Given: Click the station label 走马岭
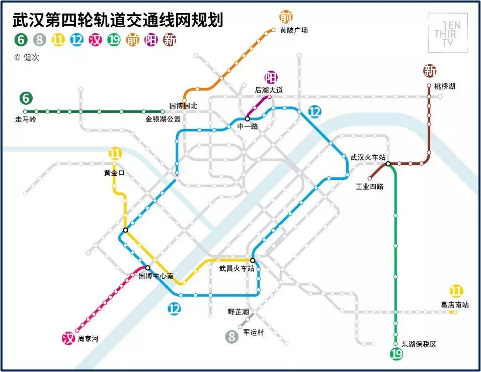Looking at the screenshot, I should pos(26,120).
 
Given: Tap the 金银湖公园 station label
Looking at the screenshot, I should pos(163,120).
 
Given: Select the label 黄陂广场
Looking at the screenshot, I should pos(293,30).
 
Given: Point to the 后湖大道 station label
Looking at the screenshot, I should pos(269,90).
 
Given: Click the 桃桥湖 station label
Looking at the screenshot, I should pos(445,86).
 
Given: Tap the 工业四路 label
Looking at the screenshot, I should pos(370,187).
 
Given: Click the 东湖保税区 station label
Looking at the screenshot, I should pos(419,344).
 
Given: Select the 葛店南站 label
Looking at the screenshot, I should pos(454,304).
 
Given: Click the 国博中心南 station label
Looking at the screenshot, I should pos(156,276).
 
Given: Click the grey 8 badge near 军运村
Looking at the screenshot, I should pos(231,336).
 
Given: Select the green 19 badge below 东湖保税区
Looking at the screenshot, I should pos(396,354).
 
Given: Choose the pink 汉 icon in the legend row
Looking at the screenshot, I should pos(96,40).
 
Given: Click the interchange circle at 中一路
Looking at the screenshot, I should pos(247,118).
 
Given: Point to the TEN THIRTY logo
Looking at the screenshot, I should pos(447,33).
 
